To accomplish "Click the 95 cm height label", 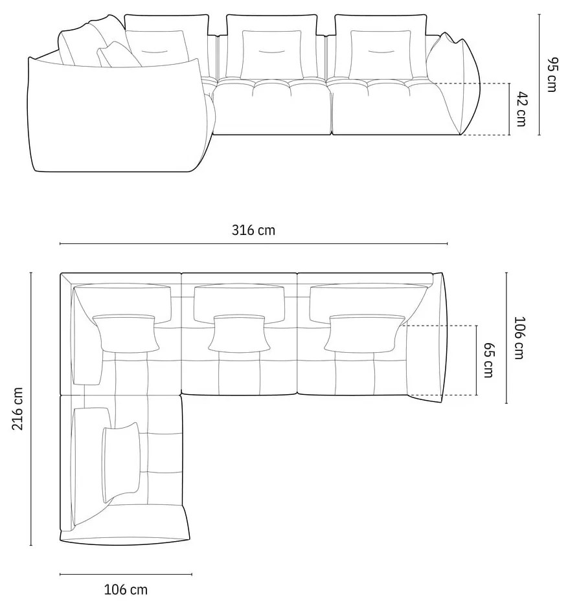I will click(551, 75).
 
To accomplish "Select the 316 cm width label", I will click(253, 230).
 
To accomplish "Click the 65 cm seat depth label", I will click(489, 360).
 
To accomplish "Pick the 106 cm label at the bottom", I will click(126, 589).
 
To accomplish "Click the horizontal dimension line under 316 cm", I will click(253, 244).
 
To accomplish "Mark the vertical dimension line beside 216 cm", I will click(30, 408).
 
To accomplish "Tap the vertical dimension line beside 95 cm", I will click(539, 75).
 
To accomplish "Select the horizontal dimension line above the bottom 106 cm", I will click(126, 574).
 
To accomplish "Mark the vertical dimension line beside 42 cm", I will click(510, 109).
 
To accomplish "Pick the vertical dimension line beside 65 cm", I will click(476, 360).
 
